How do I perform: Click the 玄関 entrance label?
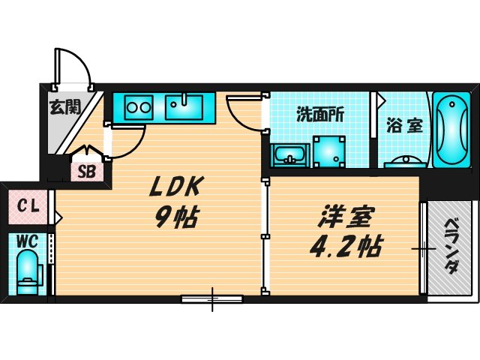(65, 107)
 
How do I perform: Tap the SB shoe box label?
(87, 171)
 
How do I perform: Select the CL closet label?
(28, 203)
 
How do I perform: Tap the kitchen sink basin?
(184, 107)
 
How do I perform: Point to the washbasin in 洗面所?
(290, 156)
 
